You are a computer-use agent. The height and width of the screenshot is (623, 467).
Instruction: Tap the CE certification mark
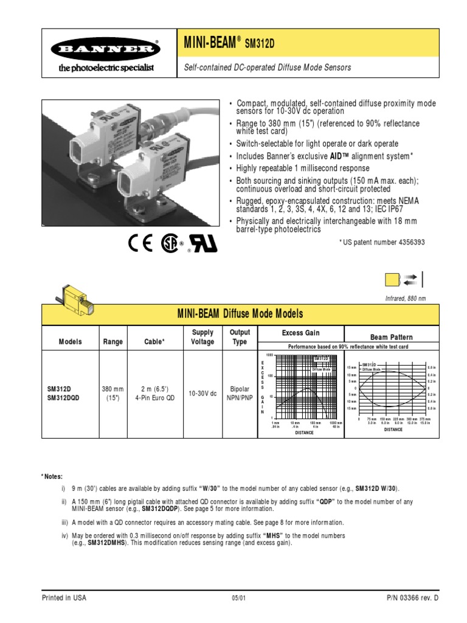click(x=141, y=243)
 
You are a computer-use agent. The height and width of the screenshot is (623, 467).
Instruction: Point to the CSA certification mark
click(x=171, y=243)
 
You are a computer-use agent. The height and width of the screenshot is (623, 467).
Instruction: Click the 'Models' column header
click(x=70, y=342)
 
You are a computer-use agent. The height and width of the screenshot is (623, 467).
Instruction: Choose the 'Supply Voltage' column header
click(x=202, y=337)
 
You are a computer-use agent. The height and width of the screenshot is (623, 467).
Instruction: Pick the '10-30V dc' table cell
click(x=202, y=394)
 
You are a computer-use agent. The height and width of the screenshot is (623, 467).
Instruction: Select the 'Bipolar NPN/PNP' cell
click(x=240, y=394)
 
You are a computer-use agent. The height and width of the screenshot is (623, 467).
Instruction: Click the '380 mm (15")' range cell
click(x=112, y=394)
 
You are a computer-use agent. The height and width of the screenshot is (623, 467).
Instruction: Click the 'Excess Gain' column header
click(x=300, y=333)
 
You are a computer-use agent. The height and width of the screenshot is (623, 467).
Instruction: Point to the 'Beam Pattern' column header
click(x=391, y=336)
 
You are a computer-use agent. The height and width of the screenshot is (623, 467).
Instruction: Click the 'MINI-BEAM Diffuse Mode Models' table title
click(x=240, y=314)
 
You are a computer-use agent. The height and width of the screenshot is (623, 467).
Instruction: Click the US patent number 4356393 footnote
click(x=382, y=242)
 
